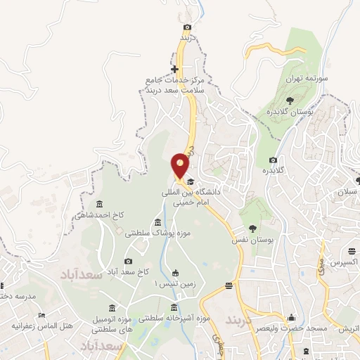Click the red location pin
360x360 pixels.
[x=181, y=165]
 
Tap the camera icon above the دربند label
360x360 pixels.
[x=187, y=27]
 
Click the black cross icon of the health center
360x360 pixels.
[x=175, y=69]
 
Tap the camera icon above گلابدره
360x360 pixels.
[x=273, y=160]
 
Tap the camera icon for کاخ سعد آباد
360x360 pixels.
[x=128, y=261]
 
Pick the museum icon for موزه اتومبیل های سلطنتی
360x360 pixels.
[x=113, y=307]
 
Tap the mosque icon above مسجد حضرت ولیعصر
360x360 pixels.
[x=292, y=317]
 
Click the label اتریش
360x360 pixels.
[x=347, y=329]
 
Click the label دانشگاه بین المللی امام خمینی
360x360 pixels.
[x=189, y=197]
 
